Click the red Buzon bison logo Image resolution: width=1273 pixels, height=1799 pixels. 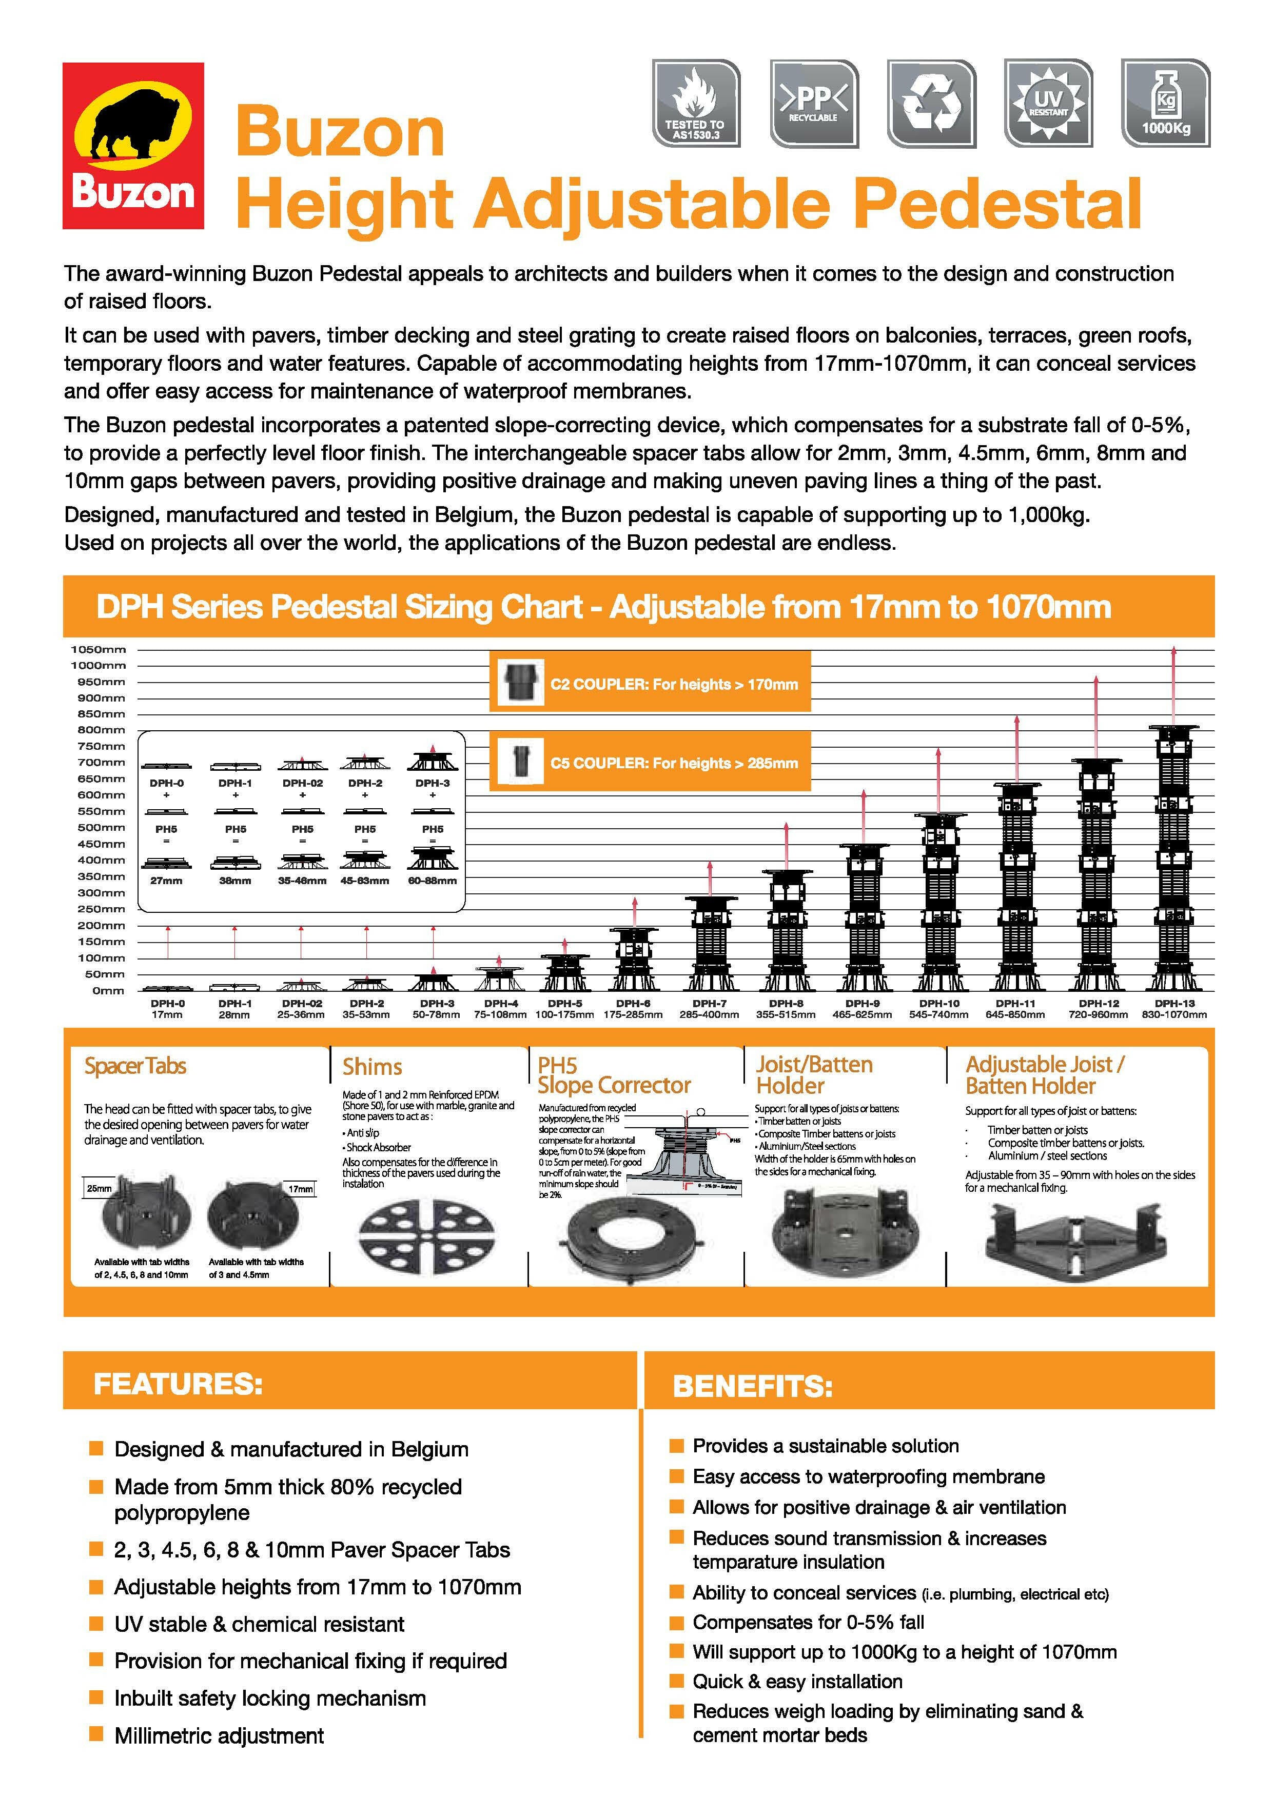(133, 146)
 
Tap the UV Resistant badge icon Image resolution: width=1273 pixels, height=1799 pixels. (1048, 103)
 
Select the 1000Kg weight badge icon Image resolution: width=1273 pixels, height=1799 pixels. (1166, 103)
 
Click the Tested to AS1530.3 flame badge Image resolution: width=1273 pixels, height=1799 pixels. (695, 103)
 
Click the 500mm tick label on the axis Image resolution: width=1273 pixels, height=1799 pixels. (101, 827)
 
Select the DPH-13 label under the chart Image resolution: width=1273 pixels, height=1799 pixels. (1173, 1003)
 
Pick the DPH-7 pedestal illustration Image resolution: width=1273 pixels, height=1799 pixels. (710, 944)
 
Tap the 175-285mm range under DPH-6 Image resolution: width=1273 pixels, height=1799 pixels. (633, 1015)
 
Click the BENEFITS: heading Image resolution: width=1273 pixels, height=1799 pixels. (753, 1387)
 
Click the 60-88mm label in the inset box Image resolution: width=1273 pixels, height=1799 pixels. (432, 881)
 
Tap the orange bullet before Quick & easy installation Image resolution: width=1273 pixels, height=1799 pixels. (676, 1681)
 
